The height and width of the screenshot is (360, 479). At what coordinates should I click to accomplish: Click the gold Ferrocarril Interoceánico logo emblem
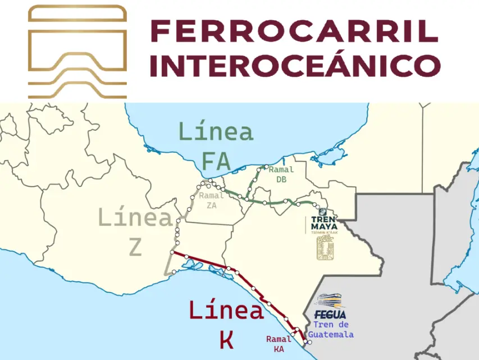coord(77,52)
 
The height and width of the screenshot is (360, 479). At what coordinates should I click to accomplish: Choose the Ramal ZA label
coord(212,200)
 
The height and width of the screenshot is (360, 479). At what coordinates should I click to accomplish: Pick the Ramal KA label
coord(279,344)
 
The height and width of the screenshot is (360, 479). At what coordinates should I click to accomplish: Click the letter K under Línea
coord(226,340)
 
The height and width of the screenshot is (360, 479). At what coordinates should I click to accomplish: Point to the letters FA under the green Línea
coord(216,162)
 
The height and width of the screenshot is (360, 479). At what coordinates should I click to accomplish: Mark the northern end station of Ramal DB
coord(259,169)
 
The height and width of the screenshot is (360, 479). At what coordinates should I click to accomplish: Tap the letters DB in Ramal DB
coord(281,179)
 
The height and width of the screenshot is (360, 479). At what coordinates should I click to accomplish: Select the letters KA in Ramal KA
coord(279,349)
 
